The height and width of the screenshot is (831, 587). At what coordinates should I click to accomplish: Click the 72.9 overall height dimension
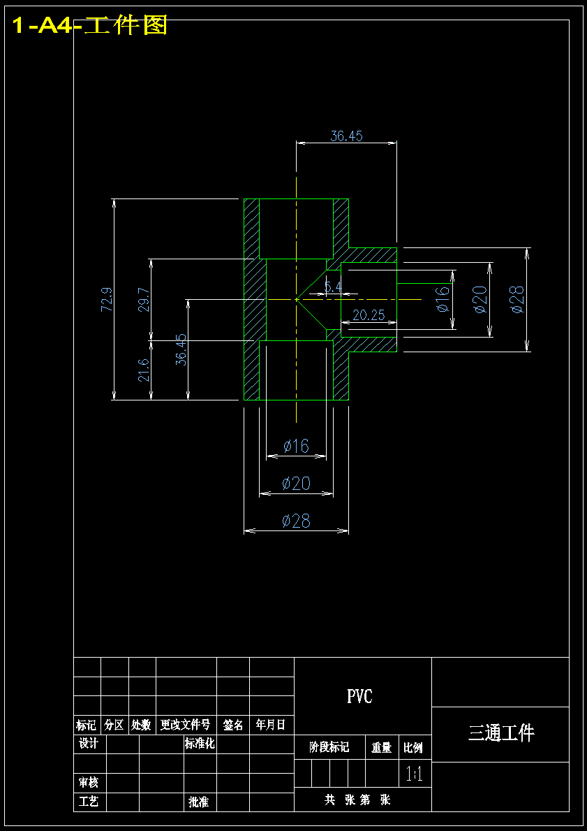106,299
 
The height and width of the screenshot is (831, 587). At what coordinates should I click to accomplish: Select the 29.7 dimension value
144,299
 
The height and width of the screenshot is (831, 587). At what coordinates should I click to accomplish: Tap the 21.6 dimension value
144,370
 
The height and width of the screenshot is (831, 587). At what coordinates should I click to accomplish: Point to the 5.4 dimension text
334,287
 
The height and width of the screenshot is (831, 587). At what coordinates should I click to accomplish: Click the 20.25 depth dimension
369,315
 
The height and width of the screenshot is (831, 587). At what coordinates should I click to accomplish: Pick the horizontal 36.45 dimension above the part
347,136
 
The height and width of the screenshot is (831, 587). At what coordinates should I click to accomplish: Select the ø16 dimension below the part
296,446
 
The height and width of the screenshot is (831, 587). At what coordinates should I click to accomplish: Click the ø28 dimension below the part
296,521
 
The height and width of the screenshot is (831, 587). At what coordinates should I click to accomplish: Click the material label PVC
360,696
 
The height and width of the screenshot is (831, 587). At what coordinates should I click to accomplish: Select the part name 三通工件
500,733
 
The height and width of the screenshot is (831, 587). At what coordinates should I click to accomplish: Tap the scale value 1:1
414,776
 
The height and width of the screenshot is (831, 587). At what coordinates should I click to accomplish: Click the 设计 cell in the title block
89,744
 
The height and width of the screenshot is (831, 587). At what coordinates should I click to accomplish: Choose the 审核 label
89,782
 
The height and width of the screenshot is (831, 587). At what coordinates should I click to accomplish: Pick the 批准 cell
198,802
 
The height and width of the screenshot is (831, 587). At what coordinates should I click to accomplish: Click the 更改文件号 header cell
185,725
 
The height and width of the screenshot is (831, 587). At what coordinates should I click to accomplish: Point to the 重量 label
381,747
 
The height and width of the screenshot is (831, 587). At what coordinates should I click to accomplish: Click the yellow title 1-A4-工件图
89,25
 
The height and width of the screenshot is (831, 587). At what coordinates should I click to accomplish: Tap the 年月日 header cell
271,725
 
